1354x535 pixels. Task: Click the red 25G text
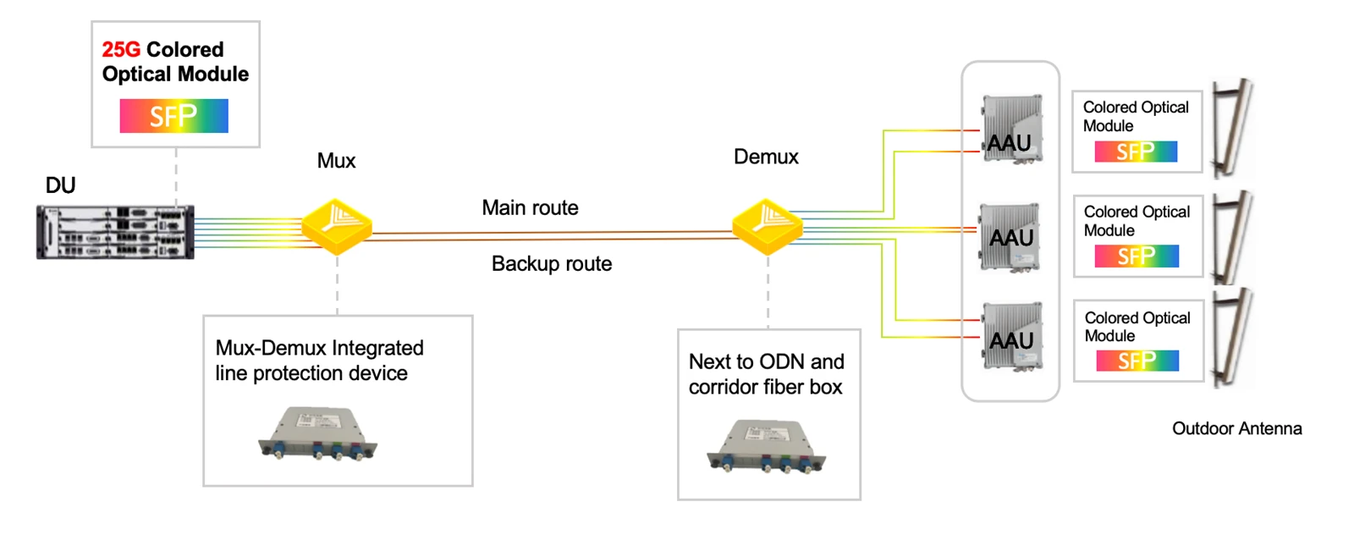(x=121, y=50)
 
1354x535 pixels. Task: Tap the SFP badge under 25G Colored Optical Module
(x=174, y=115)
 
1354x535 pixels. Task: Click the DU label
(x=60, y=185)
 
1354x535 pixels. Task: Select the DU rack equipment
(x=115, y=232)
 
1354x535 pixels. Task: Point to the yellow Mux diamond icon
(x=337, y=226)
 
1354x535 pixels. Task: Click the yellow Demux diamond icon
(x=767, y=226)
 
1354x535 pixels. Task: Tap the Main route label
(x=530, y=208)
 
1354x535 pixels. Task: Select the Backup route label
(x=552, y=263)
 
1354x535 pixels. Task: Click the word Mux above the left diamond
(x=337, y=161)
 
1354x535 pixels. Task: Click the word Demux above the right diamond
(x=766, y=157)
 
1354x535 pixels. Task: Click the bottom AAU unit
(x=1012, y=336)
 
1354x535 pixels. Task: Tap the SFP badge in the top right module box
(x=1136, y=152)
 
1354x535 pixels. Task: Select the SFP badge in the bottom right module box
(x=1137, y=361)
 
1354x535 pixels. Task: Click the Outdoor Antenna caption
(x=1236, y=428)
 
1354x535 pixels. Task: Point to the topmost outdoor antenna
(x=1233, y=127)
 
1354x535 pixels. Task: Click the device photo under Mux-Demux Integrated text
(x=318, y=433)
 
